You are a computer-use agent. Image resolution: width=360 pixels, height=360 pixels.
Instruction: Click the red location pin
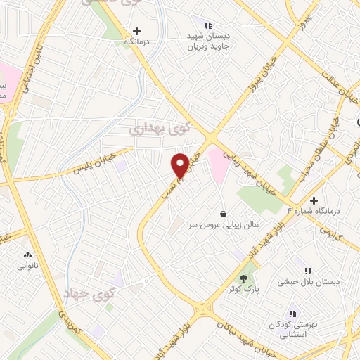tap(181, 165)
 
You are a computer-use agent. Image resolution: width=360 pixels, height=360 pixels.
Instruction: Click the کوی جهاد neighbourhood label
tap(84, 293)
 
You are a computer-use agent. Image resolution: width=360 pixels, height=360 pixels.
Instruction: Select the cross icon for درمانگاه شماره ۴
tap(314, 201)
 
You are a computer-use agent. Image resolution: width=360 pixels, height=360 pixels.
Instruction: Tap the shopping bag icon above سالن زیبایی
tap(223, 214)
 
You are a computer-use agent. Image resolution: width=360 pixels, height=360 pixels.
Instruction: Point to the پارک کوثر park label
tap(244, 289)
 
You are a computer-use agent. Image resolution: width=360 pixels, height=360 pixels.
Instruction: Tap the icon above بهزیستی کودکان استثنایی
tap(292, 314)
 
